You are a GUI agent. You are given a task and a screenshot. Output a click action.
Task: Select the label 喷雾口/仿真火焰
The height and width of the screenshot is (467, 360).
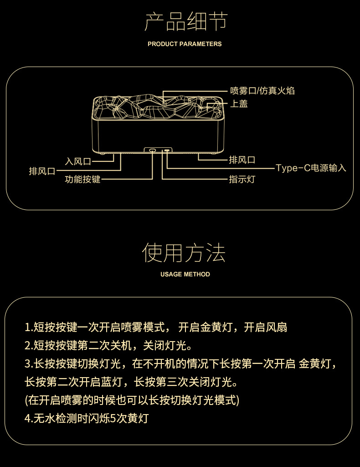click(262, 91)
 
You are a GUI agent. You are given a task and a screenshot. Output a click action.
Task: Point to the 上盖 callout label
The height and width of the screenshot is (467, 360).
click(239, 104)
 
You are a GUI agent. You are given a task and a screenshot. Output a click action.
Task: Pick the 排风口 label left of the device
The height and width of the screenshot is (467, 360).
click(42, 171)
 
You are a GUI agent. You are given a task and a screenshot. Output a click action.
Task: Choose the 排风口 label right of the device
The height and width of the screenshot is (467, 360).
click(242, 160)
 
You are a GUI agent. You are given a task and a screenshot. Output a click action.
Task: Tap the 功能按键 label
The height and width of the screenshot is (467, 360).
click(82, 179)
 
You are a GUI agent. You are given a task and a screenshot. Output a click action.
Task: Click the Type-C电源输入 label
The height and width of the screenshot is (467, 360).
click(311, 168)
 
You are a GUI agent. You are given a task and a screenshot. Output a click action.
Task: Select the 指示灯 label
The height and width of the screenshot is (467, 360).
click(242, 179)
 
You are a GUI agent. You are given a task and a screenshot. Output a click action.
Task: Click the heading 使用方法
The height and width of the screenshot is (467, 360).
click(184, 253)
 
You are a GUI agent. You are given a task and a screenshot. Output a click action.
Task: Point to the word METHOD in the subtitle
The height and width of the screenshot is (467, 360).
click(197, 274)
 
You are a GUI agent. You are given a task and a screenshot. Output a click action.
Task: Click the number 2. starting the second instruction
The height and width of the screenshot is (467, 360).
click(29, 346)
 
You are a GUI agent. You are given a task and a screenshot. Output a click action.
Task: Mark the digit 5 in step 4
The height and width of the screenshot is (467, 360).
click(113, 419)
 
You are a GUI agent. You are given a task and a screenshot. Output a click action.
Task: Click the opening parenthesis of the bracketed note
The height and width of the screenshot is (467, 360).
click(26, 400)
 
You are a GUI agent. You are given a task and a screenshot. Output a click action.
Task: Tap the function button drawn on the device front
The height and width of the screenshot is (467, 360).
click(152, 150)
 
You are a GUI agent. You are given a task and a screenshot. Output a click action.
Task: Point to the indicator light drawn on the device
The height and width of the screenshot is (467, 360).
click(167, 150)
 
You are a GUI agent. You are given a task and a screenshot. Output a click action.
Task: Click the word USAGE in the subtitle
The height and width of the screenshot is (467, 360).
click(171, 274)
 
